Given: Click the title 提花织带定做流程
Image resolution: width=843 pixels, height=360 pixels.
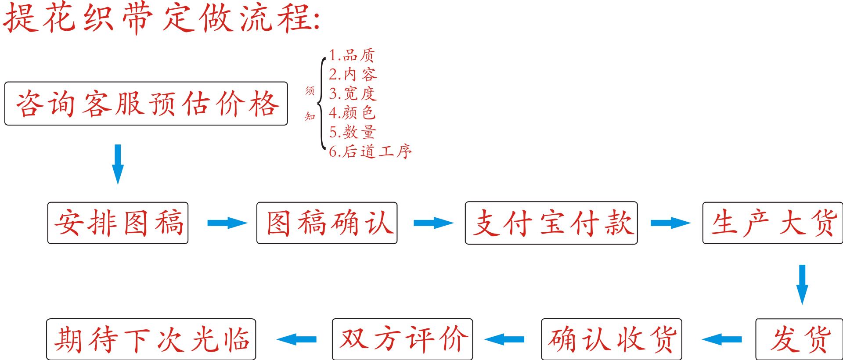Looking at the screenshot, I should click(162, 18).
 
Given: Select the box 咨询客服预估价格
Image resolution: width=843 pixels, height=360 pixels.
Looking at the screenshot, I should click(146, 104).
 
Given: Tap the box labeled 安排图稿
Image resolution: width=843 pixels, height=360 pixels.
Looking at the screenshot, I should click(118, 223).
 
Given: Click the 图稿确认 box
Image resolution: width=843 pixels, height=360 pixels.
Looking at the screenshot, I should click(327, 223).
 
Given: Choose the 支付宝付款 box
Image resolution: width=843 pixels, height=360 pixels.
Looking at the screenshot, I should click(551, 223).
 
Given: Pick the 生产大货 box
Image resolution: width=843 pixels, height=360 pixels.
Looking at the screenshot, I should click(773, 223).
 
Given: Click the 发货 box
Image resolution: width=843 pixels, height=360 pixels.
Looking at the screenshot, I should click(799, 339).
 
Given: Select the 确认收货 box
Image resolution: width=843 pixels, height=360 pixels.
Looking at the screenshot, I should click(611, 339).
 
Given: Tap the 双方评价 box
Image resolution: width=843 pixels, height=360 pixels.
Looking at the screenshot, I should click(402, 339).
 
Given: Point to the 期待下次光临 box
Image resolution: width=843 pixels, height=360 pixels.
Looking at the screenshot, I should click(151, 339).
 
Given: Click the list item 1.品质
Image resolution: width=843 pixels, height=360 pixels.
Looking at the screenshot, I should click(352, 55).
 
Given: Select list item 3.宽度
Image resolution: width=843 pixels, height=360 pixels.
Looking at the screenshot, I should click(353, 94).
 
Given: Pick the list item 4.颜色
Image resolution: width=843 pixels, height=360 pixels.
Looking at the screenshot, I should click(352, 113).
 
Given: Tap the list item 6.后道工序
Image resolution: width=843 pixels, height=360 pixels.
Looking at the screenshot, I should click(370, 151).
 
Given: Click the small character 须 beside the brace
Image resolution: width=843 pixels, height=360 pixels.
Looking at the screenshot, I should click(310, 91).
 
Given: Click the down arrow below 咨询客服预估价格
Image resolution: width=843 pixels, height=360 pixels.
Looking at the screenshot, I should click(118, 164).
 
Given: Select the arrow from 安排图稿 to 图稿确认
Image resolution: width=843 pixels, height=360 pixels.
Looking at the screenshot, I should click(227, 223).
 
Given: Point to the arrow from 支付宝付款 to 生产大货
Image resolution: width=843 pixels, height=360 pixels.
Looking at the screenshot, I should click(670, 223).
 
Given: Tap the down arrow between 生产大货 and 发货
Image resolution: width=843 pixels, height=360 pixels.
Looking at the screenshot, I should click(802, 284).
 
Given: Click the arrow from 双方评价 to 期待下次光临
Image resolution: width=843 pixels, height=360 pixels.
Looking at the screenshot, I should click(297, 339).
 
